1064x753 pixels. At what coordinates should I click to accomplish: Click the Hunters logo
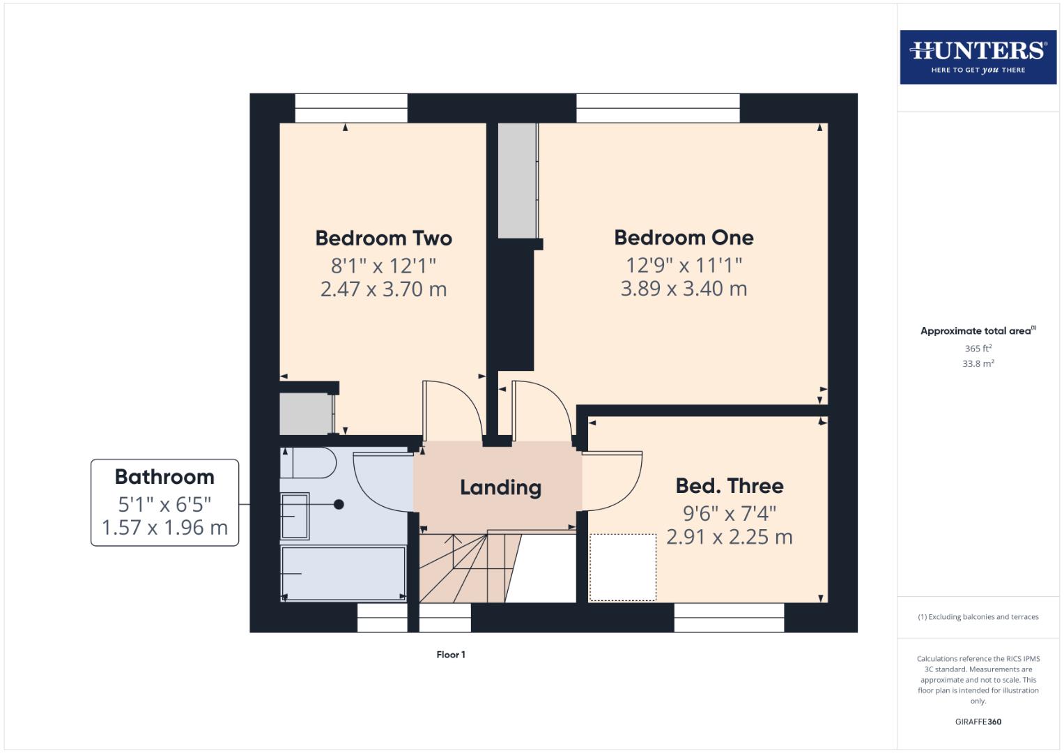point(978,56)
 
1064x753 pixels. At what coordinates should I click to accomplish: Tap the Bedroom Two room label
point(383,238)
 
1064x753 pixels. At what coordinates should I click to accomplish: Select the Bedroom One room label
point(684,238)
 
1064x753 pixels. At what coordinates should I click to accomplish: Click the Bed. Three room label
point(729,486)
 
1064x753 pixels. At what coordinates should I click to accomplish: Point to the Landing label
point(500,487)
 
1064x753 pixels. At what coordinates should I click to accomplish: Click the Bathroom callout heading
point(164,477)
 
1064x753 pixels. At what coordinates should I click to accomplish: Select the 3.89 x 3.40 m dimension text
point(684,289)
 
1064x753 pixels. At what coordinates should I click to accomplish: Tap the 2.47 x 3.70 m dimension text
point(383,289)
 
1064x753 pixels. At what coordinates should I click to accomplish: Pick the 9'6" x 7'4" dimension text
point(729,514)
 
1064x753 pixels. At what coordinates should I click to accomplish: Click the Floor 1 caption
point(451,655)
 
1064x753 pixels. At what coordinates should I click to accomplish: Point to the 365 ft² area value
point(978,349)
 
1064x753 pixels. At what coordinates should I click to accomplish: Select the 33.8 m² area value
point(978,364)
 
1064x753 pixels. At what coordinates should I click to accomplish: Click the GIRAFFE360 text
point(978,722)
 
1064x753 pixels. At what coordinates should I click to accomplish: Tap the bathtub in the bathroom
point(343,573)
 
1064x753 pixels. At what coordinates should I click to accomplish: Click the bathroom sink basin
point(295,517)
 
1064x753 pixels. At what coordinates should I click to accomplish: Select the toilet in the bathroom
point(309,463)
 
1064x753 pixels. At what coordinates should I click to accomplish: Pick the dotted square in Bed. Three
point(622,567)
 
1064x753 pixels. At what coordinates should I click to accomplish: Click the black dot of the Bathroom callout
point(339,504)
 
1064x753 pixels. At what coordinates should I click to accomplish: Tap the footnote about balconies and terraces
point(978,617)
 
